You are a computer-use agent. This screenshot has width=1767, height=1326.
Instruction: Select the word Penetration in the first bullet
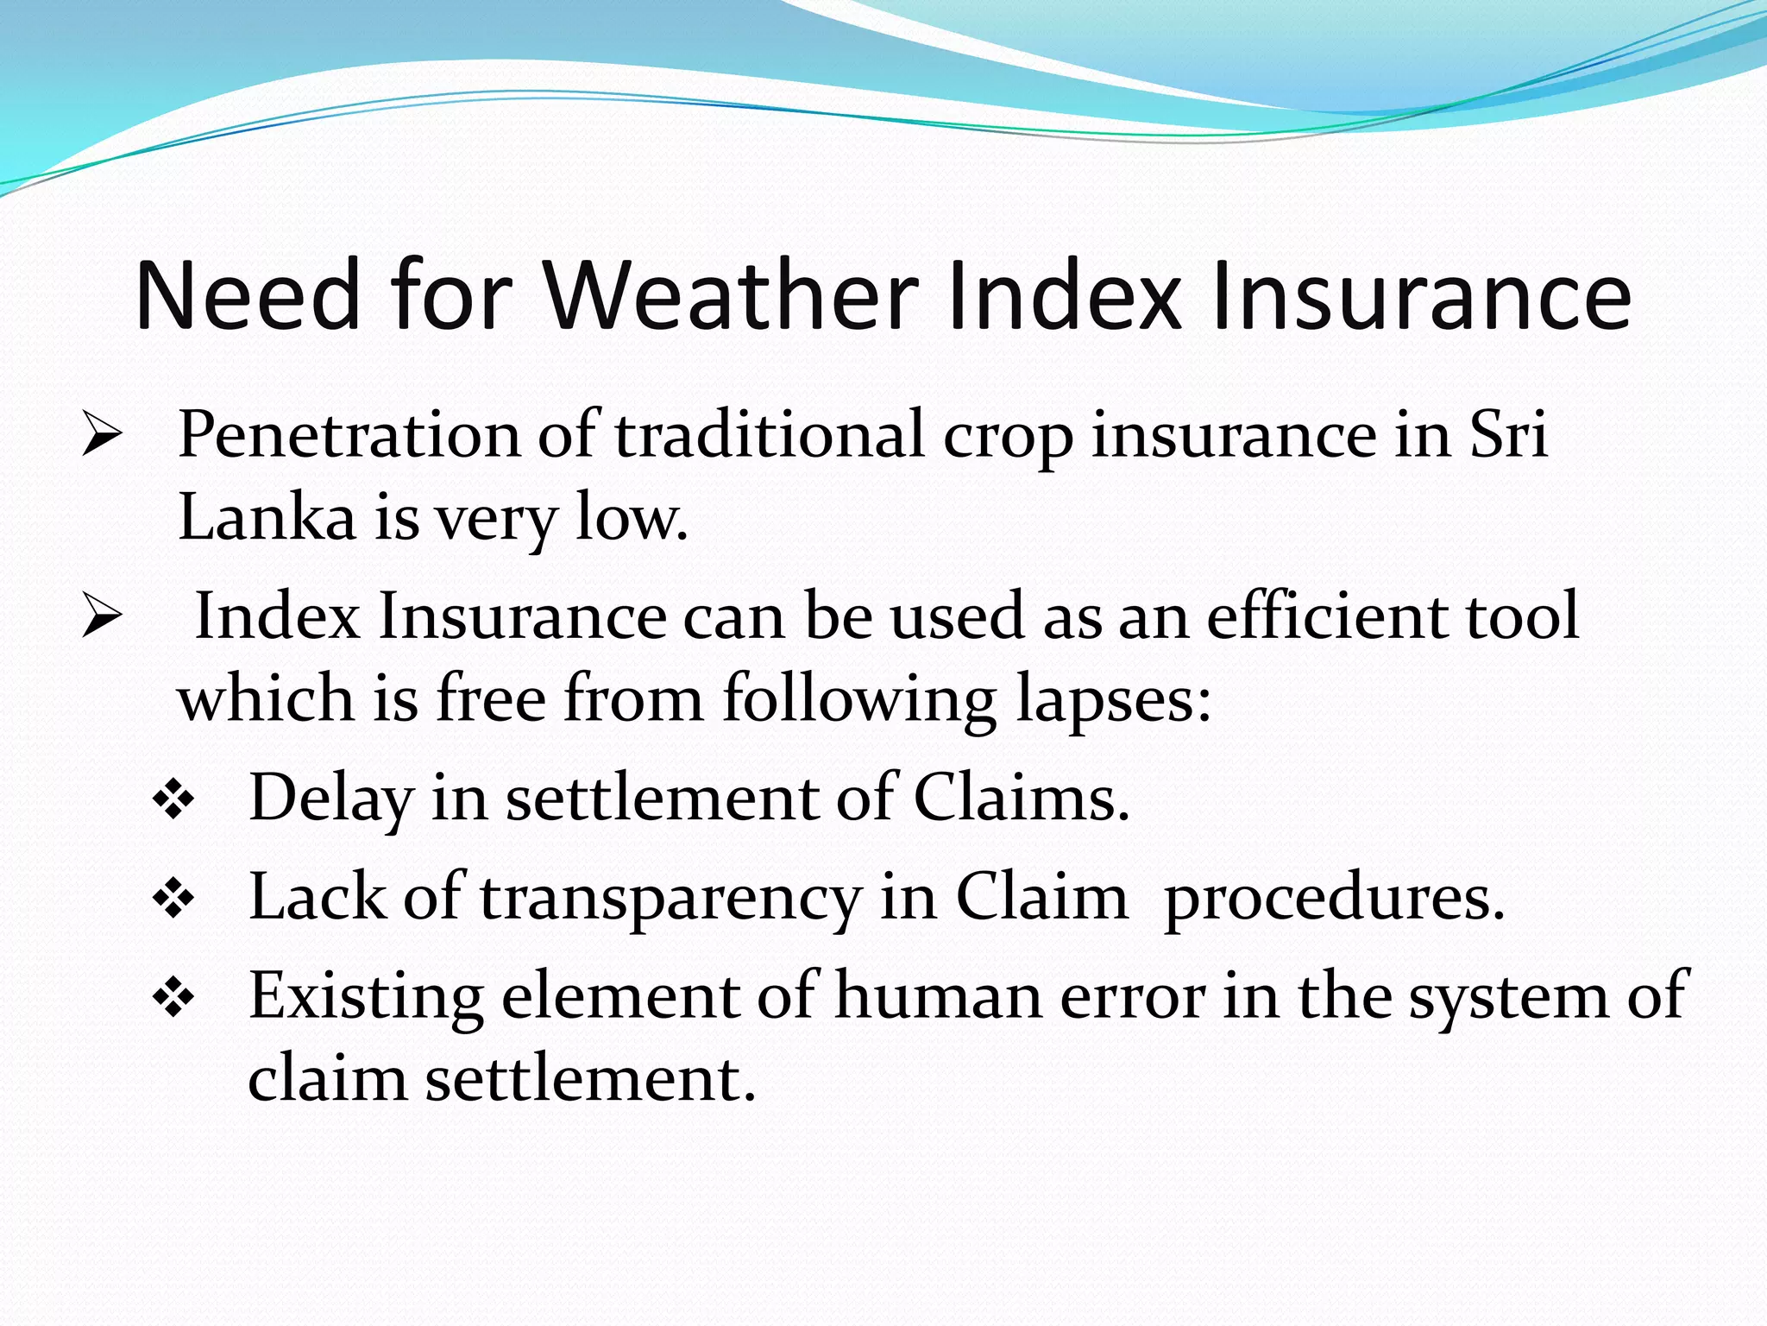pos(349,435)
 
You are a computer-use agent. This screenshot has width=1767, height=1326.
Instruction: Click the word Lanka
pos(267,518)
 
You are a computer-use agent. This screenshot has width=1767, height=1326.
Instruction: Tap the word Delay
pos(330,799)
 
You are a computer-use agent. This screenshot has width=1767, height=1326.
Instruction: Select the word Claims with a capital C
pos(1020,799)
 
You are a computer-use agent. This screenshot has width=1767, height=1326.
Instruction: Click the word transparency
pos(670,899)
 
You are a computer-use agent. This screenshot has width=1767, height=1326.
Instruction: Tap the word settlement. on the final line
pos(590,1080)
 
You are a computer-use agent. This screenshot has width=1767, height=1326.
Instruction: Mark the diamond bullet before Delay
pos(173,801)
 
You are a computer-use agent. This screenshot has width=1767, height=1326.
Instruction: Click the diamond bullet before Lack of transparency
pos(173,900)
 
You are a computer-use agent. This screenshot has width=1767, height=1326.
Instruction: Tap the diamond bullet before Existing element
pos(173,1000)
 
